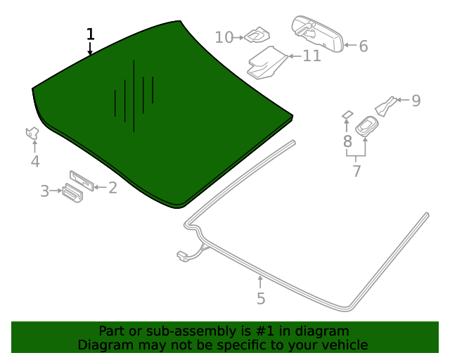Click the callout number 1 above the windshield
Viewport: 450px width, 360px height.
click(x=90, y=34)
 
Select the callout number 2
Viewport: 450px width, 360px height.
click(x=112, y=187)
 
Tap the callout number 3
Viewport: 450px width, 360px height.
click(x=44, y=191)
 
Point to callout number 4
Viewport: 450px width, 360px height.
click(x=35, y=162)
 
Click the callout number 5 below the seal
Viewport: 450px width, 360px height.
click(x=261, y=299)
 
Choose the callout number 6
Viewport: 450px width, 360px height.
click(x=364, y=46)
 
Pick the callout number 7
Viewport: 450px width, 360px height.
click(x=356, y=171)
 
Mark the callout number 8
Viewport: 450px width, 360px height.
click(x=347, y=141)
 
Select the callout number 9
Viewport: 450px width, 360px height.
click(x=416, y=101)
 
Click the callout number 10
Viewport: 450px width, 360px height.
click(x=224, y=37)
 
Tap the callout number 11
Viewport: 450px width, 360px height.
click(x=311, y=56)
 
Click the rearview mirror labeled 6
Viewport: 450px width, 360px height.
click(x=317, y=33)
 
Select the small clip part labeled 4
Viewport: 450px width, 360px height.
click(x=32, y=132)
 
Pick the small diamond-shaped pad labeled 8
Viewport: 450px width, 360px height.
click(x=347, y=114)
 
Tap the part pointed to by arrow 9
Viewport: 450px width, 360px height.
click(x=387, y=105)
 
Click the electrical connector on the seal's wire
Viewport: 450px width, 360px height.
click(x=184, y=255)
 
